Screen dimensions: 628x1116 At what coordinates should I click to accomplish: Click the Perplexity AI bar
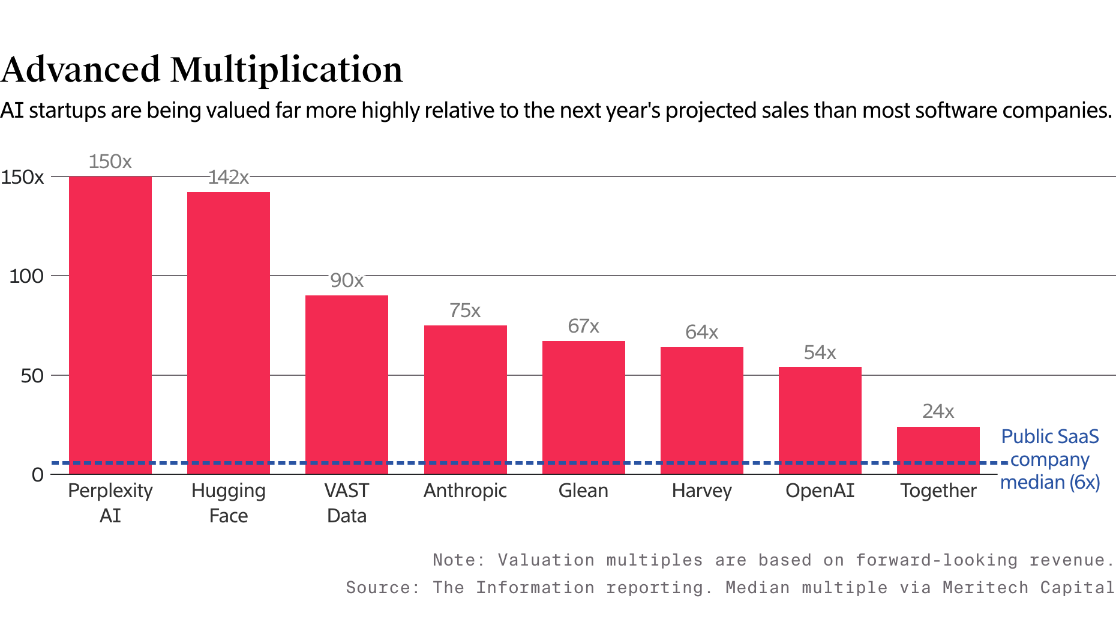coord(110,324)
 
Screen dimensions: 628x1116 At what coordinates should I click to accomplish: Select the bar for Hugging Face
coord(229,333)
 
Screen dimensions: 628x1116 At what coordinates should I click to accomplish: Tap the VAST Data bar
coord(347,384)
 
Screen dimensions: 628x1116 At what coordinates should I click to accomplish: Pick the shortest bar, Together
coord(938,450)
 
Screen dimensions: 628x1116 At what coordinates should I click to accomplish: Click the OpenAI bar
coord(820,420)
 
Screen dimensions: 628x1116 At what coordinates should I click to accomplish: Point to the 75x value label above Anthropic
coord(465,310)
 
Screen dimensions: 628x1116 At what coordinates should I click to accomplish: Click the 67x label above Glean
coord(583,326)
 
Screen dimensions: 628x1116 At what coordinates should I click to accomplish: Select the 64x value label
coord(701,332)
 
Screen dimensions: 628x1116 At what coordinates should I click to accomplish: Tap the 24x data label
coord(938,411)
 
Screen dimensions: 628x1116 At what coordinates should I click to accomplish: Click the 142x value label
coord(228,177)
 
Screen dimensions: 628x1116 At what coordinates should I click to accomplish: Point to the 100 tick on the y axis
coord(26,276)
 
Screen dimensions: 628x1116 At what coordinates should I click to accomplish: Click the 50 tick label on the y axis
coord(32,376)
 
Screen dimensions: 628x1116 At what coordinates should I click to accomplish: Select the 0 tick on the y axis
coord(38,475)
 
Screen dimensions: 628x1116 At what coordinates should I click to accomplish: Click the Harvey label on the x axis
coord(701,491)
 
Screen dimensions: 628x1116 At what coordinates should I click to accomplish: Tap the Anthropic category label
coord(465,491)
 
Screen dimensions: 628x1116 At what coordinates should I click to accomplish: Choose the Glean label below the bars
coord(583,491)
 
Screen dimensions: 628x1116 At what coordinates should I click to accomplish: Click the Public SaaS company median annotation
coord(1050,459)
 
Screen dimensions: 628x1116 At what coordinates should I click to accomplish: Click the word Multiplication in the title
coord(286,69)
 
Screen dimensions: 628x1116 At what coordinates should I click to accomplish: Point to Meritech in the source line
coord(985,587)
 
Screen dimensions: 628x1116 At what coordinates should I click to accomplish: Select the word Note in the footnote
coord(454,560)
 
